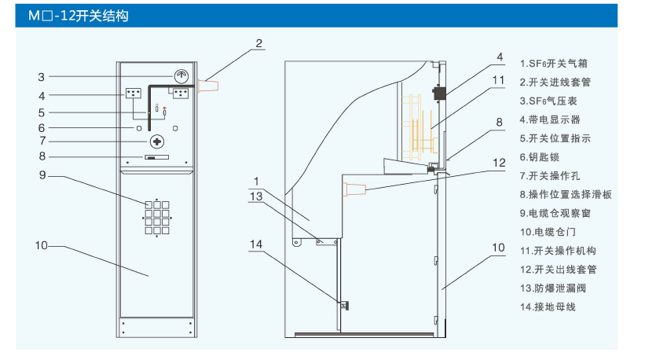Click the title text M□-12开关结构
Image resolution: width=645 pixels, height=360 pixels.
[79, 16]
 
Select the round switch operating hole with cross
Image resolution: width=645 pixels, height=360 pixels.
[158, 141]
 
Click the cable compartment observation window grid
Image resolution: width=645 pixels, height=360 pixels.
[157, 216]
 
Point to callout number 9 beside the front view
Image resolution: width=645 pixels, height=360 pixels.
[44, 174]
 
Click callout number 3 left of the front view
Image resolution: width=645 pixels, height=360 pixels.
[42, 77]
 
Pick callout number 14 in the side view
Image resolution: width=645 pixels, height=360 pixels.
[255, 244]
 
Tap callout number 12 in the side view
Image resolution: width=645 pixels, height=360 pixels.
[499, 163]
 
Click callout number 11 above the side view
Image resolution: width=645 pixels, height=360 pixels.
[499, 80]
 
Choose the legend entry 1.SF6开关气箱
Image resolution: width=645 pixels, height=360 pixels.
[555, 64]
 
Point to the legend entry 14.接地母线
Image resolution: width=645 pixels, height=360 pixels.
[548, 307]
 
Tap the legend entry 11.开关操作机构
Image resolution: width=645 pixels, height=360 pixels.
[559, 251]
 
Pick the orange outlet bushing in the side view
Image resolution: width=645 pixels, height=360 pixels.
[354, 189]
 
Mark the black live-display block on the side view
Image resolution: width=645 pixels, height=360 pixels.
[439, 92]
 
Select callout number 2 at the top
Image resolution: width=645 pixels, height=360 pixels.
[259, 43]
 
